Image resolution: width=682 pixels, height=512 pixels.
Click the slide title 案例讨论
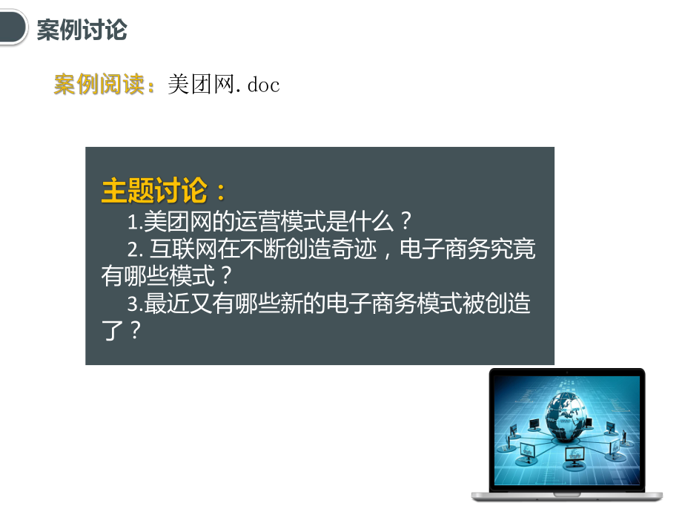82,30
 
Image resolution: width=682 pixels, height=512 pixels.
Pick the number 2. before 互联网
134,250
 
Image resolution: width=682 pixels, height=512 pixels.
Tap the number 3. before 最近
134,305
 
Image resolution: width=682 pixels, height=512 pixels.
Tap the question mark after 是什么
405,222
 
